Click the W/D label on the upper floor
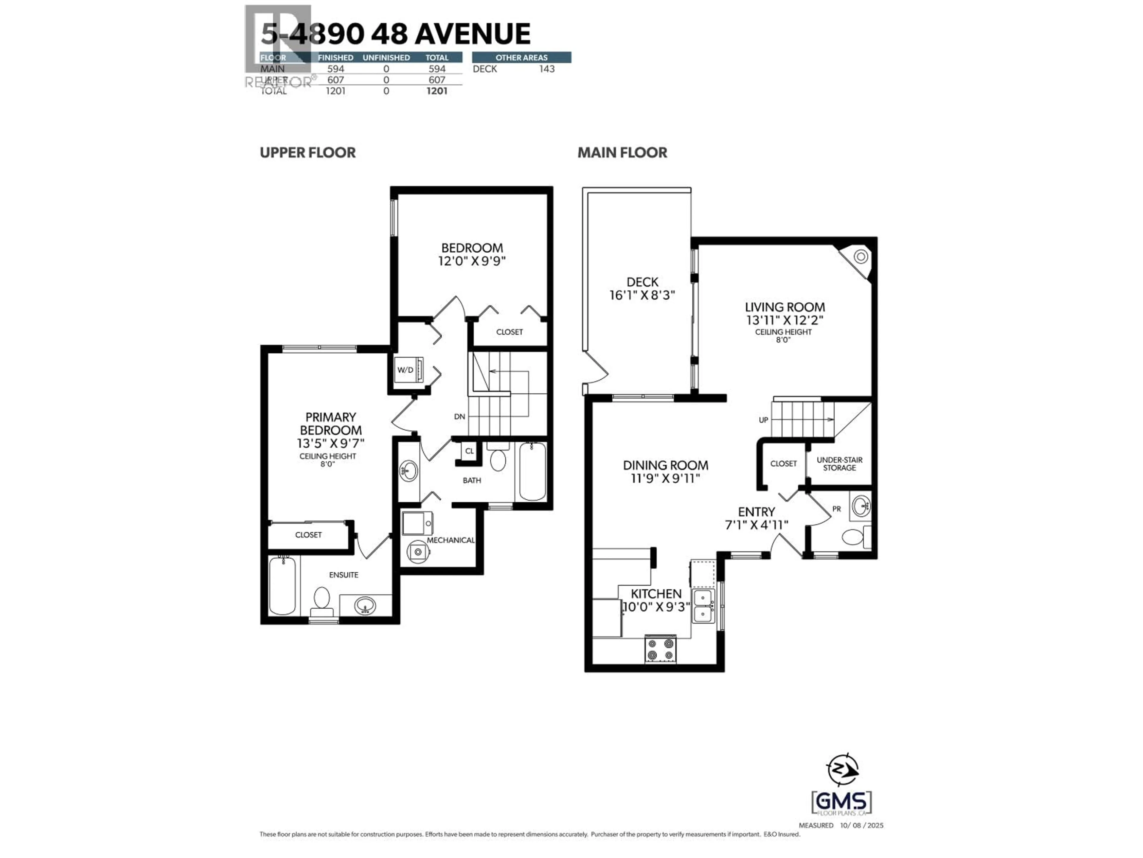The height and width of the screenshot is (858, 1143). pos(405,370)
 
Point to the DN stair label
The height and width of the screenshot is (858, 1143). pos(459,416)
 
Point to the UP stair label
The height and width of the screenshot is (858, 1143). pos(763,420)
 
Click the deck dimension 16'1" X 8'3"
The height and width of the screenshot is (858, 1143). pos(642,295)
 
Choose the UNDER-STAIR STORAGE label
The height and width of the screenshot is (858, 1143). pos(839,464)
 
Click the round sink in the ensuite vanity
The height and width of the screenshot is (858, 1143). pos(365,604)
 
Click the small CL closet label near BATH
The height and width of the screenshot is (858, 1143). pos(469,451)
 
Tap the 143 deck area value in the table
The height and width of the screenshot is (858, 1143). pos(547,69)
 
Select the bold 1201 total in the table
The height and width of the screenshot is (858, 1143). pos(437,91)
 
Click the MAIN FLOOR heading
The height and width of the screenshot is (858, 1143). pos(622,153)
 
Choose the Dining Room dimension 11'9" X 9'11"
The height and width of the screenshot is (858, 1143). pos(665,478)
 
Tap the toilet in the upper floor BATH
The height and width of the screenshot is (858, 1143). pos(498,458)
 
